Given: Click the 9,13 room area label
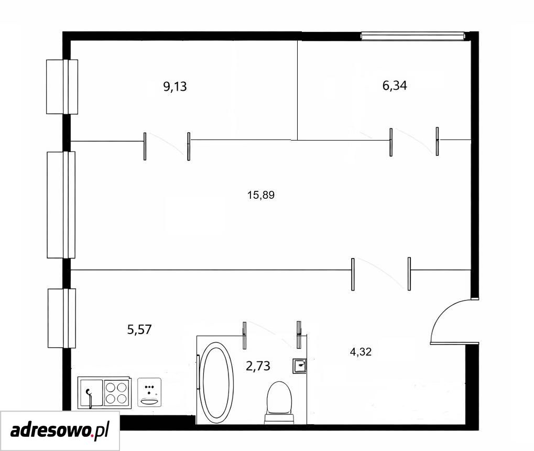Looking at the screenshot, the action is (175, 87).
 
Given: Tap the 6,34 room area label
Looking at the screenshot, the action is (395, 85).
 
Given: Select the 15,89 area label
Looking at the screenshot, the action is (261, 195).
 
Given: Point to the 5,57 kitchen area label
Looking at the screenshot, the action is (139, 330).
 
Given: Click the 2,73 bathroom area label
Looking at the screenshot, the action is (258, 366).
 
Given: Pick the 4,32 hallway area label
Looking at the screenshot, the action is (361, 351).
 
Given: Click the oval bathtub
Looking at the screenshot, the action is (216, 380).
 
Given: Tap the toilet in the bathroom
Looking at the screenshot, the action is (279, 402).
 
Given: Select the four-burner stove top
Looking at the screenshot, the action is (116, 393).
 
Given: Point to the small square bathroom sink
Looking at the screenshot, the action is (300, 366).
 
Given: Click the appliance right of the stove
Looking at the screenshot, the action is (149, 392).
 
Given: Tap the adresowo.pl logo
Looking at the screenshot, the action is (60, 431).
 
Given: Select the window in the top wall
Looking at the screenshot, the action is (413, 36).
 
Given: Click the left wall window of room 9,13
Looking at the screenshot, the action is (62, 87).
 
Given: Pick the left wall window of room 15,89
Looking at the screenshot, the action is (61, 205).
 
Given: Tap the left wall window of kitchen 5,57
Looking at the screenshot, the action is (62, 318).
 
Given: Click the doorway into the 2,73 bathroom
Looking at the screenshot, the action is (272, 335).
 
